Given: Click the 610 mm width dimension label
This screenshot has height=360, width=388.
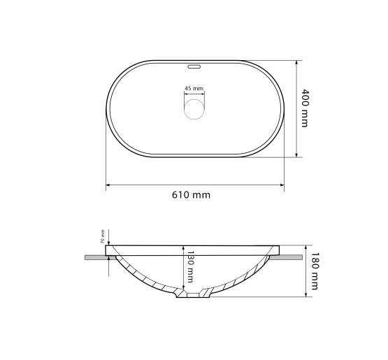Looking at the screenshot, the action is [x=191, y=195].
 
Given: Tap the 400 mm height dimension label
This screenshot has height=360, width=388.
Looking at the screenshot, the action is [x=305, y=108].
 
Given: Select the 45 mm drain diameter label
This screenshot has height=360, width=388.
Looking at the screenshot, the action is [x=194, y=88].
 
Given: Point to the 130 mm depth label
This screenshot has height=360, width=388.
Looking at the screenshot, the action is [x=189, y=266].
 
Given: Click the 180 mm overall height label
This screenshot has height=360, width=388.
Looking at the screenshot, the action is [x=315, y=271].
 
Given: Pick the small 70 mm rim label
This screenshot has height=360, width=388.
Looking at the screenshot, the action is [x=103, y=236].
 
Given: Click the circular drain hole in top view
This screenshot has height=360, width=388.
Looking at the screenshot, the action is [x=194, y=109].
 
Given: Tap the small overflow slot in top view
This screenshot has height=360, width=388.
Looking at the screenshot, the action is [x=194, y=66].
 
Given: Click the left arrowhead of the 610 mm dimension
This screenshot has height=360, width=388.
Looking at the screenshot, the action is [x=108, y=185].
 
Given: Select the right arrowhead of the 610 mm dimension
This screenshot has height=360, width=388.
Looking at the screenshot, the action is [x=282, y=185].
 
